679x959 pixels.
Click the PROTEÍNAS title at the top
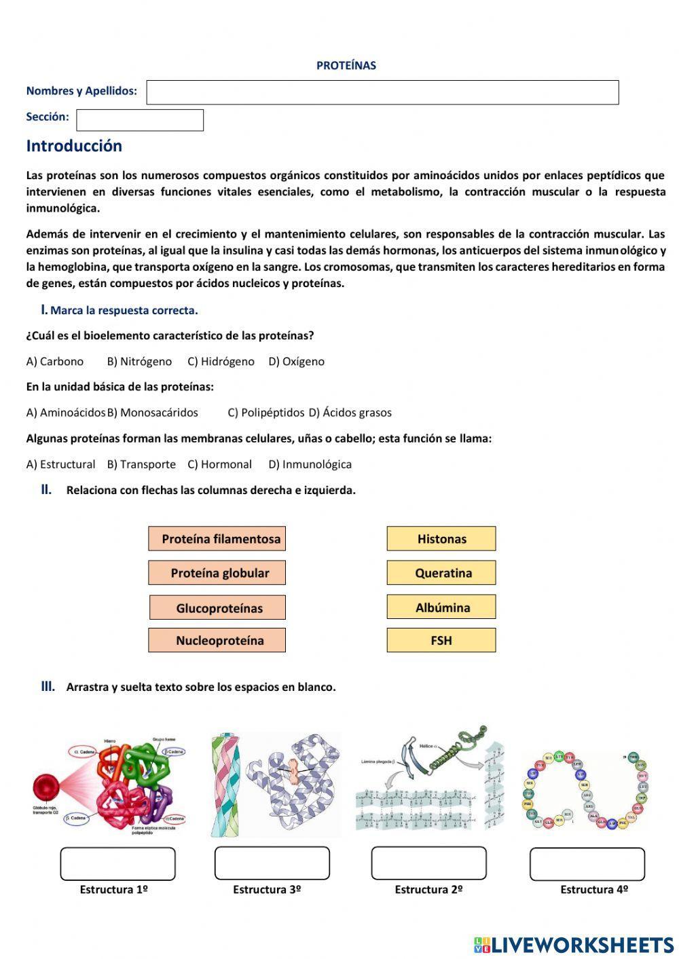tap(346, 66)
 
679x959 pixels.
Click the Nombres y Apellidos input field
tap(382, 92)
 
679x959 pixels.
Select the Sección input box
tap(139, 120)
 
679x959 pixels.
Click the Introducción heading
tap(74, 146)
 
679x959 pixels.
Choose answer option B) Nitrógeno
tap(139, 362)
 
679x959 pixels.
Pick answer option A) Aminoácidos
tap(66, 413)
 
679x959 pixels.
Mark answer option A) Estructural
tap(60, 465)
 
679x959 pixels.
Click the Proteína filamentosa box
tap(217, 539)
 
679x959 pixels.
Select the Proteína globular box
tap(217, 573)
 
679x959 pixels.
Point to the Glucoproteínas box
tap(217, 607)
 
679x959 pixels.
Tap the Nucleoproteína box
tap(217, 640)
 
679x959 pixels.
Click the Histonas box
tap(441, 539)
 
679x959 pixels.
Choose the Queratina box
tap(441, 573)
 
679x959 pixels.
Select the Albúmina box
tap(441, 607)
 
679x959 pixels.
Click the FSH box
tap(441, 640)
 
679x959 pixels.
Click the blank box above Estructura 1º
tap(117, 863)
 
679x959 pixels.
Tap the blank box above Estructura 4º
tap(587, 864)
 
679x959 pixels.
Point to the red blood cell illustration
tap(47, 788)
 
